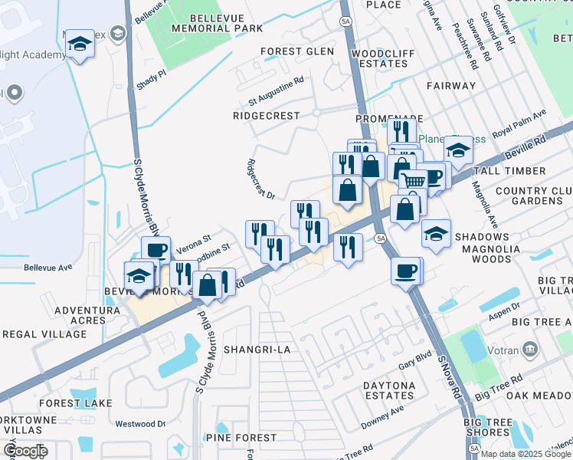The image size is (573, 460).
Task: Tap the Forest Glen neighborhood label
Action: pyautogui.click(x=297, y=51)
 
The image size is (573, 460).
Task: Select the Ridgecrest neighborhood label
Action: pyautogui.click(x=267, y=115)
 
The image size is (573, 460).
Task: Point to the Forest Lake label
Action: pyautogui.click(x=76, y=403)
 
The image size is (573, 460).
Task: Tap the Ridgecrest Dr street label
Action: pyautogui.click(x=261, y=179)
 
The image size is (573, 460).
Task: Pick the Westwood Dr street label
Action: pyautogui.click(x=140, y=423)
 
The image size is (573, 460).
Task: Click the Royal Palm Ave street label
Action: pyautogui.click(x=519, y=123)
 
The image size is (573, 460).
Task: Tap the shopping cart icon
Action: pyautogui.click(x=414, y=181)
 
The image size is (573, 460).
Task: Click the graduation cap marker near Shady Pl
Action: pyautogui.click(x=80, y=44)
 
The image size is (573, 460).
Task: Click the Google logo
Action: pyautogui.click(x=25, y=451)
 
